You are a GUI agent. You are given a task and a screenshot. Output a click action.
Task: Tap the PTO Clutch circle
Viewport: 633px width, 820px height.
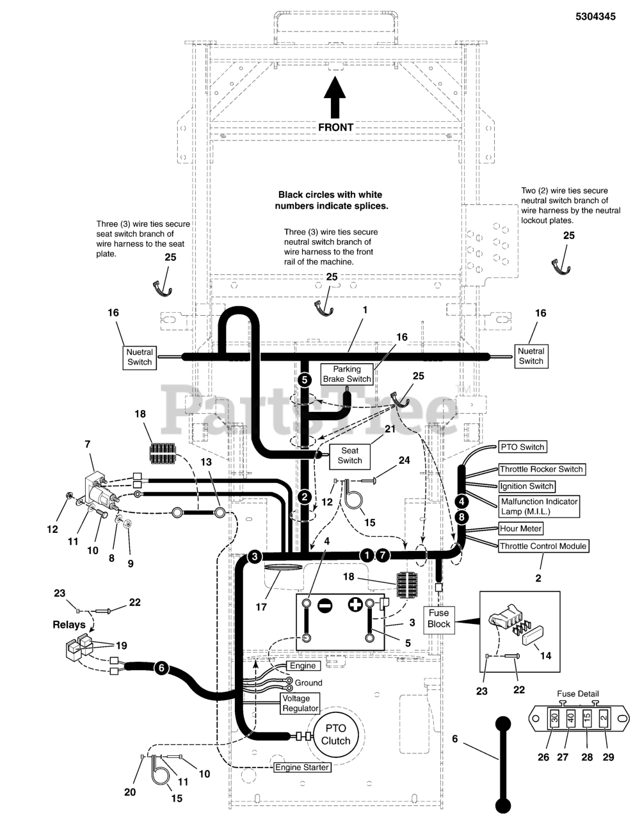(335, 734)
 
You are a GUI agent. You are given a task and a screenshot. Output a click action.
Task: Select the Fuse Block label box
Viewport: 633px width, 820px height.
(438, 618)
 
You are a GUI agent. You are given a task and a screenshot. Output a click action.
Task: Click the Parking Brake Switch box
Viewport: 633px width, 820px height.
(346, 374)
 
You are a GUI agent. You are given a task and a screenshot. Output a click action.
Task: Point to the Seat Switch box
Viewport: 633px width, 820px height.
(349, 455)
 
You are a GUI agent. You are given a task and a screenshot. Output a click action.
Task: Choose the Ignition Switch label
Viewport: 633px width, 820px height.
(527, 486)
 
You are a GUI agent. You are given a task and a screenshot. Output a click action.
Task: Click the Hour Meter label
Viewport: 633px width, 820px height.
(521, 529)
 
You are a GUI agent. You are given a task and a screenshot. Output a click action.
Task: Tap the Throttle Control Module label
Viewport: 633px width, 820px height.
(542, 546)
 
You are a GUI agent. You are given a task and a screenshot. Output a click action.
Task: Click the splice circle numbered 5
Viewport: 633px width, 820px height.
(305, 379)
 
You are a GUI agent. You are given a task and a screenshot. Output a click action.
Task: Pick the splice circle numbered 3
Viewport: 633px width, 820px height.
(255, 556)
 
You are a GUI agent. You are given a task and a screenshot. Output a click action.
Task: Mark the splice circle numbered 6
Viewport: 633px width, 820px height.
(161, 668)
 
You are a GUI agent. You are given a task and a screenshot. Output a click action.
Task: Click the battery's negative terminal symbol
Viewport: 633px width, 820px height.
(325, 605)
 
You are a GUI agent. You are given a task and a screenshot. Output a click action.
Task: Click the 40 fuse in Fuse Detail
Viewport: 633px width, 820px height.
(570, 719)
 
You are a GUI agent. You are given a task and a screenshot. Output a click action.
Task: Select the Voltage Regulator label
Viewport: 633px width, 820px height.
(300, 703)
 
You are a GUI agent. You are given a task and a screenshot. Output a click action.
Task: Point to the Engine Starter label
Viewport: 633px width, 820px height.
(302, 767)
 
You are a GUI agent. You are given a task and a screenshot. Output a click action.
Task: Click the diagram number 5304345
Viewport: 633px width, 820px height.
(595, 17)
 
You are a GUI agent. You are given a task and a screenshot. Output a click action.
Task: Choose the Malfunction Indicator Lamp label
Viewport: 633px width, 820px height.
(539, 506)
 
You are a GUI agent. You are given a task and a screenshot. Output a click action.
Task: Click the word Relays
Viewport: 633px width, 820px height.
(69, 625)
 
